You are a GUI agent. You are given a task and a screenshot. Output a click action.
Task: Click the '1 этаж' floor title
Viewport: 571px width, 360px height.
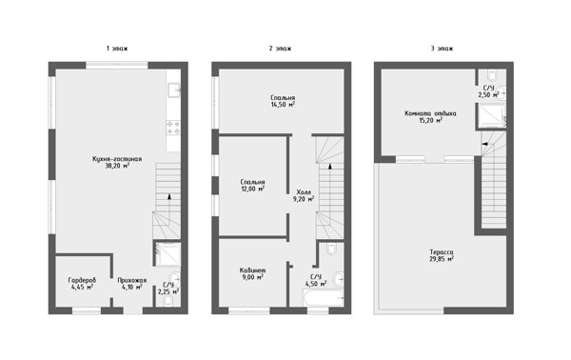click(x=117, y=49)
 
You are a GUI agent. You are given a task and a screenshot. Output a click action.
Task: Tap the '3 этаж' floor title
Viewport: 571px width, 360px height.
click(x=442, y=49)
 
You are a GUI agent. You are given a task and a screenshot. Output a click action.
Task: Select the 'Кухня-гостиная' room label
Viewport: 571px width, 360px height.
click(x=117, y=159)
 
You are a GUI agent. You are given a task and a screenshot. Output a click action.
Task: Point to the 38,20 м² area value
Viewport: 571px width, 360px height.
click(x=117, y=166)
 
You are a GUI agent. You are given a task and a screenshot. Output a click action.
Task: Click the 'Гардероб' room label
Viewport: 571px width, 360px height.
click(x=82, y=280)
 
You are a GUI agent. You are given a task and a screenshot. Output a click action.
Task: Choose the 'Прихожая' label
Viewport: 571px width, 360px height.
click(x=132, y=280)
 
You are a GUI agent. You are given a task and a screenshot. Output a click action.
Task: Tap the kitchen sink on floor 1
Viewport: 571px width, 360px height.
click(x=174, y=90)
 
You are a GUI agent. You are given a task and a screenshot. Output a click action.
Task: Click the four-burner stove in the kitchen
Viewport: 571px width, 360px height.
click(x=173, y=128)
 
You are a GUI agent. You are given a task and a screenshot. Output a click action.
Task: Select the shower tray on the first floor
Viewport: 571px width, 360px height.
click(x=167, y=254)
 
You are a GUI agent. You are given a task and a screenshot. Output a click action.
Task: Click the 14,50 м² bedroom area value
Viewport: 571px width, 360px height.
click(x=283, y=105)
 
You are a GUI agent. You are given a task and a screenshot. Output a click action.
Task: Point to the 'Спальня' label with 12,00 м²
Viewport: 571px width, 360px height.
click(x=252, y=182)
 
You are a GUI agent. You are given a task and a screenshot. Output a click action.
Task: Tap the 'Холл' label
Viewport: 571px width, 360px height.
click(x=304, y=192)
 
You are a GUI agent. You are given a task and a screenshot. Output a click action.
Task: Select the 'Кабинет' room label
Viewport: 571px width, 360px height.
click(x=252, y=270)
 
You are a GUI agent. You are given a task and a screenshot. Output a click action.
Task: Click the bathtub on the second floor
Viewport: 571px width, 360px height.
click(x=323, y=298)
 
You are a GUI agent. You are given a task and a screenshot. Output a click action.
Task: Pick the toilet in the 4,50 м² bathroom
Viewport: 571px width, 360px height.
click(x=331, y=249)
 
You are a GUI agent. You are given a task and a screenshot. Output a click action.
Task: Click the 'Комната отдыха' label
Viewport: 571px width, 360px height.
click(x=430, y=113)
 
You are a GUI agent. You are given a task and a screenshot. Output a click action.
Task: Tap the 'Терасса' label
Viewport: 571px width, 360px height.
click(x=442, y=252)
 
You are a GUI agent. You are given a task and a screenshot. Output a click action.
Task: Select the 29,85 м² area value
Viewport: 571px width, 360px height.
click(x=442, y=259)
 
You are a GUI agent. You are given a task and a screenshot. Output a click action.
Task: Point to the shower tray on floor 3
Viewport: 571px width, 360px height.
click(x=491, y=116)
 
